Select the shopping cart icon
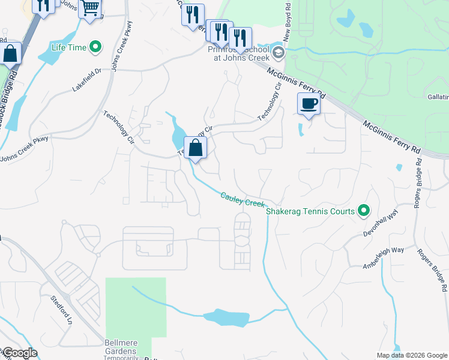pyautogui.click(x=90, y=8)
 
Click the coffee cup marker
pyautogui.click(x=309, y=104)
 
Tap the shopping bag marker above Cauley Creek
pyautogui.click(x=196, y=147)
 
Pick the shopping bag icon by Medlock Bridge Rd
pyautogui.click(x=10, y=53)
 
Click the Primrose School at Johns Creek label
pyautogui.click(x=237, y=53)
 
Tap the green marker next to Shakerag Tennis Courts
pyautogui.click(x=363, y=211)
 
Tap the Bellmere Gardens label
pyautogui.click(x=122, y=346)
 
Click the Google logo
pyautogui.click(x=19, y=353)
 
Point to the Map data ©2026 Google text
pyautogui.click(x=411, y=355)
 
